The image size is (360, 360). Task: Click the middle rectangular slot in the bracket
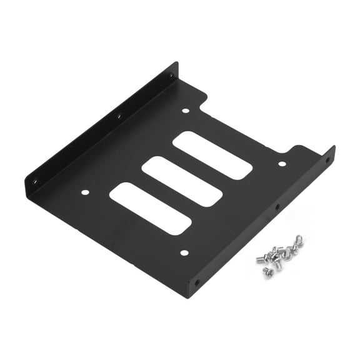[182, 181]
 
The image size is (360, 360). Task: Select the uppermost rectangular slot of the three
[212, 155]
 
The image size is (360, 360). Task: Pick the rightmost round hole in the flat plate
[282, 164]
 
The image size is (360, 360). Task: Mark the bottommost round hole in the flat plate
[184, 253]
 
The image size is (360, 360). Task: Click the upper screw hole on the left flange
[171, 76]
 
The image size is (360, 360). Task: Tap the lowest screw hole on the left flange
[36, 181]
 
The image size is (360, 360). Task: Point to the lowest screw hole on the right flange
[197, 282]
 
